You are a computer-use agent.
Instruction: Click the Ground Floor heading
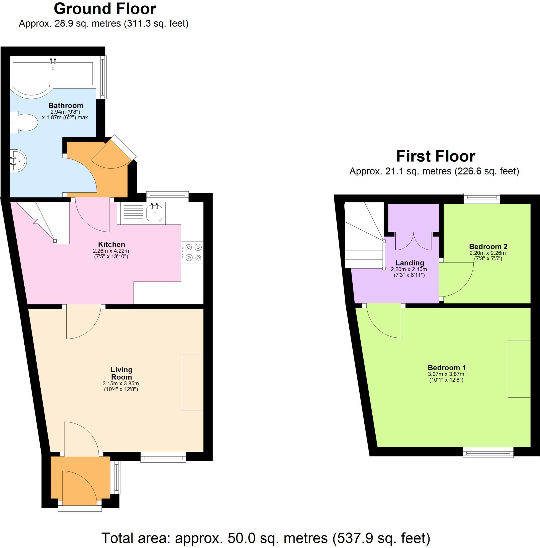(105, 9)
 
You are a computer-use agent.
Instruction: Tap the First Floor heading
(435, 156)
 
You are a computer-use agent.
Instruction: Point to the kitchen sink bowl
(155, 212)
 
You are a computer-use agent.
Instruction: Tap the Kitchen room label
(111, 245)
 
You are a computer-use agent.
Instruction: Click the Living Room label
(122, 373)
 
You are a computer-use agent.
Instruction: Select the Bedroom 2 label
(488, 246)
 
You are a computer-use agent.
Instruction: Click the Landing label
(410, 263)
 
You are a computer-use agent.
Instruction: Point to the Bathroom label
(66, 105)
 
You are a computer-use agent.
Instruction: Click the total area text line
(266, 538)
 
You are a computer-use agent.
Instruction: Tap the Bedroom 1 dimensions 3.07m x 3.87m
(446, 374)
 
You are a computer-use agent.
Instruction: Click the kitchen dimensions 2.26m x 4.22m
(111, 251)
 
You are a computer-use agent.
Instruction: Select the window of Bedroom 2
(481, 198)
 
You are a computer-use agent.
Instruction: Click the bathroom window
(101, 77)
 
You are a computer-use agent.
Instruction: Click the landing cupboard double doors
(413, 241)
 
